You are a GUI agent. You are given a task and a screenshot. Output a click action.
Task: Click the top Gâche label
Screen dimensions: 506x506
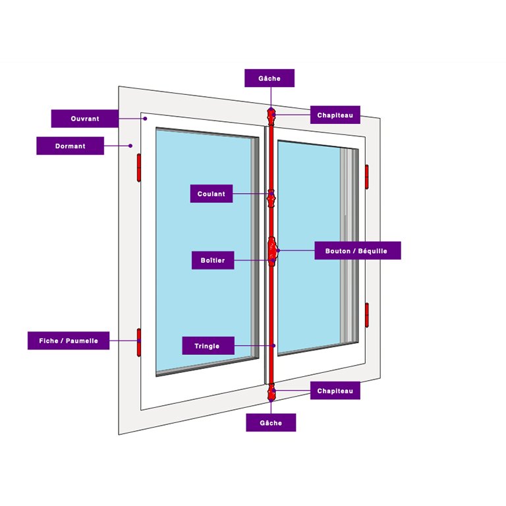point(269,78)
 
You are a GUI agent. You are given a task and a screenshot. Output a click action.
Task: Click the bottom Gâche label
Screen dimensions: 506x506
point(270,423)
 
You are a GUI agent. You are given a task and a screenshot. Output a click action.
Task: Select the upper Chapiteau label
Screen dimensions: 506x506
point(335,115)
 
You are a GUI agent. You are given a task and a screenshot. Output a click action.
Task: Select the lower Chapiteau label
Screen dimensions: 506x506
point(335,391)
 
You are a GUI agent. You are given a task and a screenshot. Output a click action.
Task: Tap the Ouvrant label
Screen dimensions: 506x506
point(85,119)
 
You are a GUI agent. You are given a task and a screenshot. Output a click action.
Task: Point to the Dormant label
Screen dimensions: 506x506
point(69,146)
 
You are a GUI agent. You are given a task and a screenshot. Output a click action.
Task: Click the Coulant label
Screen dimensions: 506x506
point(211,194)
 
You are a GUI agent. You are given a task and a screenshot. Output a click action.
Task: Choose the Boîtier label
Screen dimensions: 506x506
point(212,261)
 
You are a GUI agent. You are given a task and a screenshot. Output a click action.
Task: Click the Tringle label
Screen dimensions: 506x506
point(207,346)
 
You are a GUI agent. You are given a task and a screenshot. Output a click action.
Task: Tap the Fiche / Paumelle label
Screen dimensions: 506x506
point(69,341)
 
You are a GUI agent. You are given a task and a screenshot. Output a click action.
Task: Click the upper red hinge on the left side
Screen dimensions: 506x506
point(139,168)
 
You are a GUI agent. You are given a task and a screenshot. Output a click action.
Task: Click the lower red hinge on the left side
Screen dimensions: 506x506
point(139,342)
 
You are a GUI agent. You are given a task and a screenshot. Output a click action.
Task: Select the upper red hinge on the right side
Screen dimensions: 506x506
point(366,177)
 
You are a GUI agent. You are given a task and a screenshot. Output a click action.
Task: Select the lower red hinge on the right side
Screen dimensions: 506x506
point(366,315)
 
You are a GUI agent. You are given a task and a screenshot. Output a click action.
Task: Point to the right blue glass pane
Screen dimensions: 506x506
point(310,250)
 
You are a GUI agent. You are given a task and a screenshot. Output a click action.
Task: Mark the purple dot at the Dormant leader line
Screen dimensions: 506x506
point(130,146)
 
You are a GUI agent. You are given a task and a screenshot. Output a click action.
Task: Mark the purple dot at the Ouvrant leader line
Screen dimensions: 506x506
point(145,119)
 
